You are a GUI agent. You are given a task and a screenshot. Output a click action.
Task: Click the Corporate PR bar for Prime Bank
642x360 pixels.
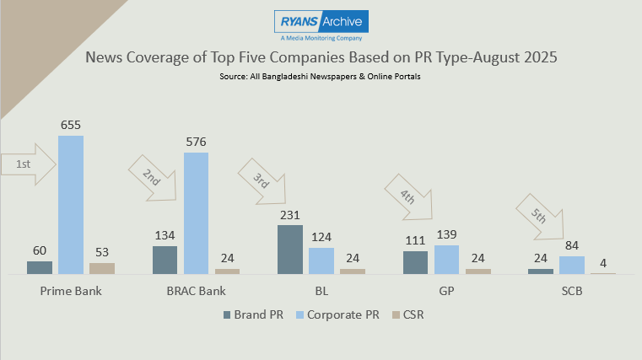(x=71, y=205)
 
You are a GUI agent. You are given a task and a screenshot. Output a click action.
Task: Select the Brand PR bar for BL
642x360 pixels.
(x=289, y=250)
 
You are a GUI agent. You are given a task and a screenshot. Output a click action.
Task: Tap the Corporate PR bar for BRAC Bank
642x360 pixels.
(x=196, y=213)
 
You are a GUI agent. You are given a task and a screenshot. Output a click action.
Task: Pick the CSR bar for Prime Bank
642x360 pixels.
(x=102, y=268)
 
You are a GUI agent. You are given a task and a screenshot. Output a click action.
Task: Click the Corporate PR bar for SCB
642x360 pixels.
(x=572, y=265)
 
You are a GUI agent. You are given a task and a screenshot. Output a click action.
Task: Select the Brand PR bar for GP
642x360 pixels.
(x=415, y=262)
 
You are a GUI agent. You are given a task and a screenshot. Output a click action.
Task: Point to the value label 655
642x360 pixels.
(x=71, y=125)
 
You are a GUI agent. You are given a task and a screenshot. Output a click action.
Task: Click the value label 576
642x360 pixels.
(x=196, y=142)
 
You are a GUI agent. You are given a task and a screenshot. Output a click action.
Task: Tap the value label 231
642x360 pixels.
(x=289, y=214)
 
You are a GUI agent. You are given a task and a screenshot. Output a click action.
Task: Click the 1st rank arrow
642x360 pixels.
(x=29, y=165)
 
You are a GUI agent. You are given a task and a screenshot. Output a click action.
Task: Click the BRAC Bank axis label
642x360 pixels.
(x=196, y=290)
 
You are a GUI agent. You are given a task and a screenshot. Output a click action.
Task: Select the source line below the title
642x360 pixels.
(x=321, y=77)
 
